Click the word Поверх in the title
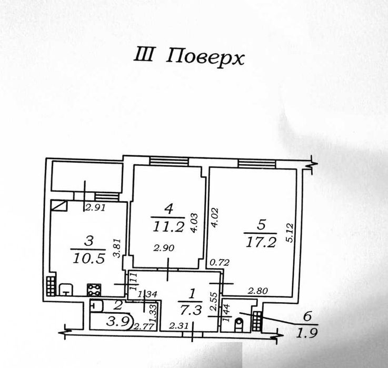click(x=205, y=57)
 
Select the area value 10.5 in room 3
click(x=89, y=258)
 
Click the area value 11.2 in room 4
click(x=168, y=226)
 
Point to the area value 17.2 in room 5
click(x=261, y=242)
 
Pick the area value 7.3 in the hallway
click(x=191, y=310)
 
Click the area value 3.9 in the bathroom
click(x=117, y=322)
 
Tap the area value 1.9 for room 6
click(x=307, y=333)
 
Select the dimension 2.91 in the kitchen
click(x=95, y=207)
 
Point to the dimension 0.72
click(x=220, y=262)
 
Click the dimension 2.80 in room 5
click(x=258, y=291)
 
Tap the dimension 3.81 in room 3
click(x=116, y=248)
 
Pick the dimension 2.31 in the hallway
click(x=178, y=326)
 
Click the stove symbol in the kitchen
click(x=94, y=290)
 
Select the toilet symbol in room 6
click(x=239, y=324)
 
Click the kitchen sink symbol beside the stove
click(x=66, y=290)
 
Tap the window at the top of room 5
click(x=257, y=164)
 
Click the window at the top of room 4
click(x=169, y=162)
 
